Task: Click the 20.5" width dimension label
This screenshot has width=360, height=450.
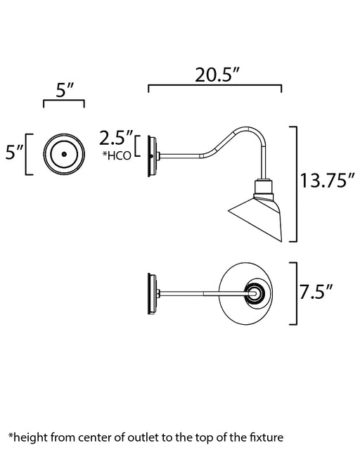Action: click(x=217, y=75)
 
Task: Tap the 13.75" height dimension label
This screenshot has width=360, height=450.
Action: click(x=327, y=181)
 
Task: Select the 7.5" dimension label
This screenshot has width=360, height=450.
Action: click(x=316, y=292)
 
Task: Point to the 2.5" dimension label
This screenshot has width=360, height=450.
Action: click(x=116, y=138)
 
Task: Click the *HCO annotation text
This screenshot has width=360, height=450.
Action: click(x=117, y=155)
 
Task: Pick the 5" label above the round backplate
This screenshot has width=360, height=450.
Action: click(x=65, y=90)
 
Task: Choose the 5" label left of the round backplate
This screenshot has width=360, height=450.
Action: click(x=14, y=152)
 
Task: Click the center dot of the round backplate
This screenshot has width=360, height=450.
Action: click(x=64, y=154)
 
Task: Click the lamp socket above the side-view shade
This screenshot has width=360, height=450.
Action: click(x=263, y=187)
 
